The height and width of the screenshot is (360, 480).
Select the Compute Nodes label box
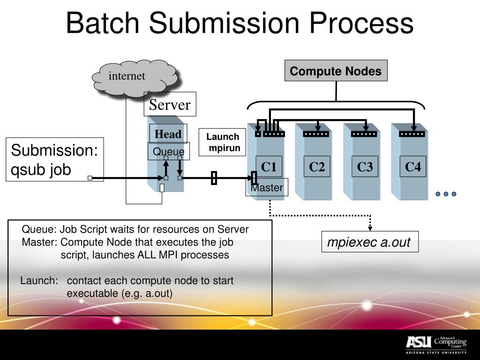[x=336, y=71]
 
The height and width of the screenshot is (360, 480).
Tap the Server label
[x=170, y=105]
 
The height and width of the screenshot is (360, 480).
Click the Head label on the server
[x=168, y=134]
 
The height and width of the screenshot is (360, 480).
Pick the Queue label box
[x=169, y=151]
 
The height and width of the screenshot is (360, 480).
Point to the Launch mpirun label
[x=223, y=142]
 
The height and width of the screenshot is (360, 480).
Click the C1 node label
[x=269, y=166]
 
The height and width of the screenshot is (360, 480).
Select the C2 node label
[x=317, y=166]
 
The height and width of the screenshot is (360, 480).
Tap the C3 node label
[x=365, y=166]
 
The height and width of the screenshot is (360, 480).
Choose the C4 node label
[x=413, y=166]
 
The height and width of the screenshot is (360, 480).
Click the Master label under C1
[x=267, y=188]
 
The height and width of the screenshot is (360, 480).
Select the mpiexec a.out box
[x=369, y=242]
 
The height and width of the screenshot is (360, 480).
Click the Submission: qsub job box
[x=54, y=159]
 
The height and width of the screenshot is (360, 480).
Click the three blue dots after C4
[x=446, y=194]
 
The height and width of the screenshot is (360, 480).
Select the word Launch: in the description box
[x=39, y=281]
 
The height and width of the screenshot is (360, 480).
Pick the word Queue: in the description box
[x=39, y=229]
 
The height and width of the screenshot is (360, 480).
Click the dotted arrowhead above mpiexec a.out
[x=370, y=228]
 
